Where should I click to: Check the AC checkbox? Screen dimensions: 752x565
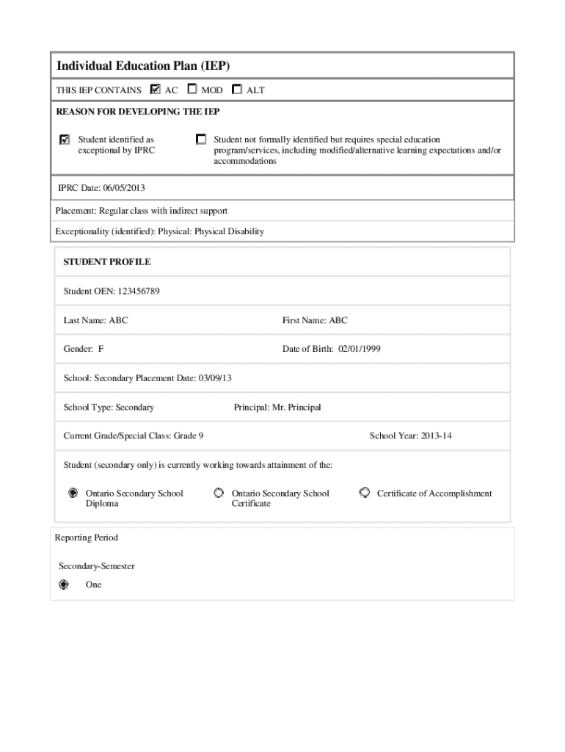155,90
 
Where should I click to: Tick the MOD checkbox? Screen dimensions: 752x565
192,90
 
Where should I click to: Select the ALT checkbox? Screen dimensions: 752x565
236,90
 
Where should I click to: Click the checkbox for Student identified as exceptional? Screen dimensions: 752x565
65,140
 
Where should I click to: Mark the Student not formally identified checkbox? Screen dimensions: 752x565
201,139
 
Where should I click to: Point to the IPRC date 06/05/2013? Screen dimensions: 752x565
110,189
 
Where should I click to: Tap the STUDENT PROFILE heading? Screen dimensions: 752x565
107,262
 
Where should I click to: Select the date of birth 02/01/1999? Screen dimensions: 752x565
360,350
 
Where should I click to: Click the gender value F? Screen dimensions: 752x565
101,350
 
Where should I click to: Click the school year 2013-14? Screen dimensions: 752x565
431,436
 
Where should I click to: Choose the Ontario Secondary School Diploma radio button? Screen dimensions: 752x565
73,493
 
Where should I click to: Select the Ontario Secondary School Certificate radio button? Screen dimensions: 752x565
219,493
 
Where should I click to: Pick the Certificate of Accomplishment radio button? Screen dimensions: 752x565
364,493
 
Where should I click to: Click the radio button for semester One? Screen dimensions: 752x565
64,585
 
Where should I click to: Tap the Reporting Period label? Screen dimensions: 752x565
86,538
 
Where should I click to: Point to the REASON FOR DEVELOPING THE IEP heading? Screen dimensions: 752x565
138,112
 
